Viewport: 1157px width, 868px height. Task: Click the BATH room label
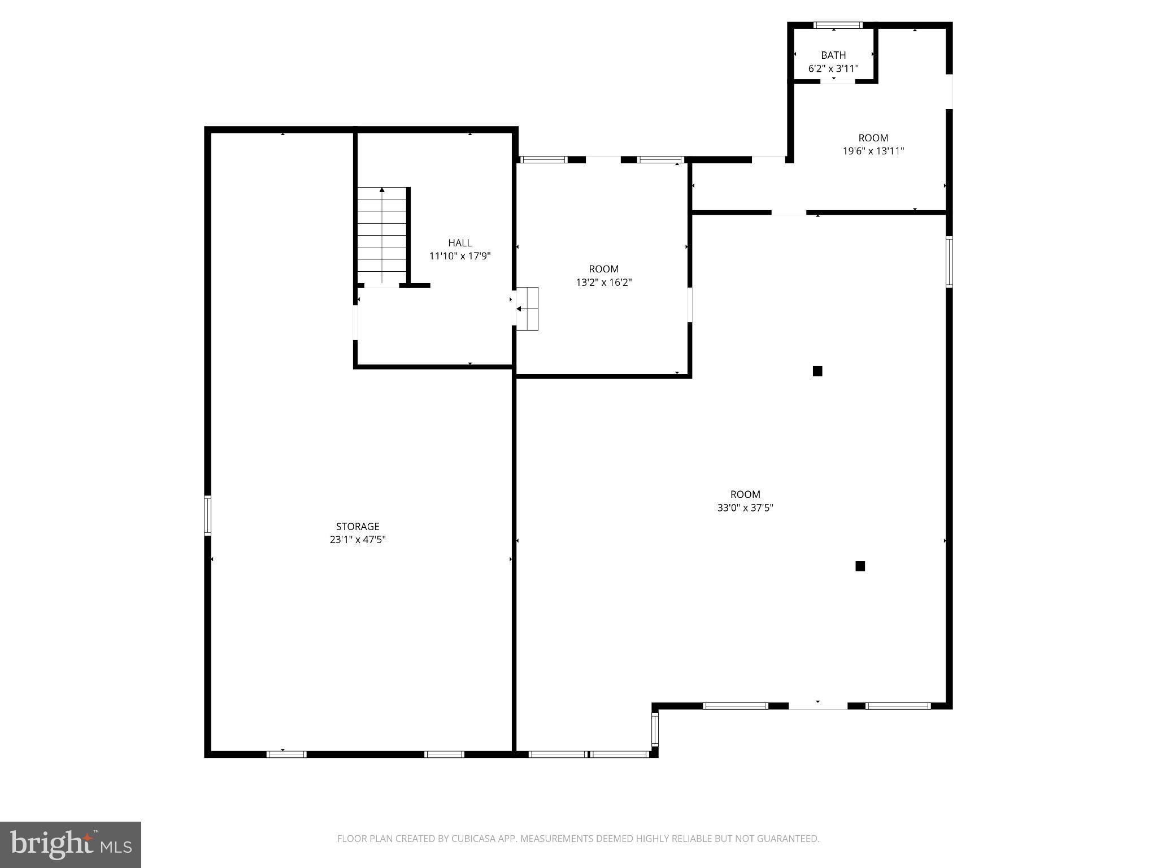(x=833, y=55)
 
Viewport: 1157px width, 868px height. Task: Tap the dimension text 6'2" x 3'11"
(x=833, y=69)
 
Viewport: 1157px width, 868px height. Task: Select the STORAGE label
(x=358, y=527)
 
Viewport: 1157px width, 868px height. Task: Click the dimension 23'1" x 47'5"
(x=358, y=540)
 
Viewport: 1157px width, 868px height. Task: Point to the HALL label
(x=460, y=243)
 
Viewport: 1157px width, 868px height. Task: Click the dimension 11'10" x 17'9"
(x=460, y=256)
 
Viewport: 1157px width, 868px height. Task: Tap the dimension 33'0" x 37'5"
(x=745, y=507)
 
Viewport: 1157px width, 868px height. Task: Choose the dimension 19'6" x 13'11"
(x=873, y=151)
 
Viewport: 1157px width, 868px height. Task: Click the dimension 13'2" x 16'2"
(x=603, y=282)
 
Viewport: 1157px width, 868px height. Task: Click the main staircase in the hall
(x=382, y=235)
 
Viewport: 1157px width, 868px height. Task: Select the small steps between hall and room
(x=528, y=309)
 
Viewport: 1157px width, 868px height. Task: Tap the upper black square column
(x=817, y=371)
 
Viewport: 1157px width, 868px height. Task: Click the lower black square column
(x=860, y=566)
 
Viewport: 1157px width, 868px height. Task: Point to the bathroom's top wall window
(x=838, y=25)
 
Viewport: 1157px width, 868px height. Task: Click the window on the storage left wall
(x=207, y=515)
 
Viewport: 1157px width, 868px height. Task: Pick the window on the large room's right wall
(x=949, y=262)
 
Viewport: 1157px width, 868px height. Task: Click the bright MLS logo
(x=71, y=844)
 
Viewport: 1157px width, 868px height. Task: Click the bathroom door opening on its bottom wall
(x=838, y=82)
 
